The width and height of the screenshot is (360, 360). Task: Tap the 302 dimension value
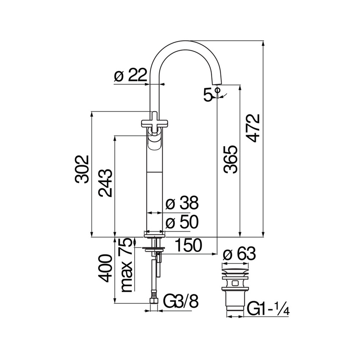(82, 169)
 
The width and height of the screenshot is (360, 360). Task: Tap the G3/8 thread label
(180, 303)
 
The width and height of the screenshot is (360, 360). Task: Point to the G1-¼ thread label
(269, 309)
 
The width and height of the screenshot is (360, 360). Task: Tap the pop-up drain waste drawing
(234, 288)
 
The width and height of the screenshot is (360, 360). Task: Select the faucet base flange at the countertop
(154, 233)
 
